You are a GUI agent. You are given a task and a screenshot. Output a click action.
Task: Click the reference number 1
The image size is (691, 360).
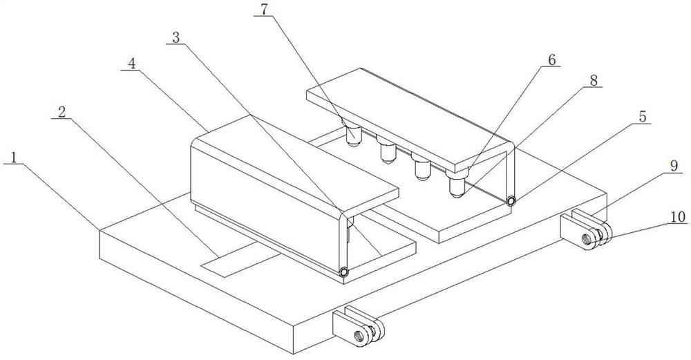coord(14,158)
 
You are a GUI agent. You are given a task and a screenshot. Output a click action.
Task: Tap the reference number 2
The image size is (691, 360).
coord(61,112)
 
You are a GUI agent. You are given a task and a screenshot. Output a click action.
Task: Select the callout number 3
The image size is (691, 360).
coord(176,38)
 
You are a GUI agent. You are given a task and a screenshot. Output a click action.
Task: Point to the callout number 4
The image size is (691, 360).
coord(131,64)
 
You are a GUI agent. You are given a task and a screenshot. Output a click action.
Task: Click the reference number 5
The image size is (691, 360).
coord(643,117)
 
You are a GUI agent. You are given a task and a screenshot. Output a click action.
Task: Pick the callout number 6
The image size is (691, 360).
coord(552,59)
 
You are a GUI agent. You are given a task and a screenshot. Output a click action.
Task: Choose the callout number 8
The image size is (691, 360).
coord(594,81)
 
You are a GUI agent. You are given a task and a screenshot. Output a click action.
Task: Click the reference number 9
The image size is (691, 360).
coord(673,165)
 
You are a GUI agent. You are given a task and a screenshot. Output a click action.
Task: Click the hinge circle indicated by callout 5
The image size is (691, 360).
coord(511,201)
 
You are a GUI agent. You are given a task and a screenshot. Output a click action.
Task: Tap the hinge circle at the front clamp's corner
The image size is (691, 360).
coord(343,272)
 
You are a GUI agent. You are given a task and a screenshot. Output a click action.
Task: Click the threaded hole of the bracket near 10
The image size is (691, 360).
coord(586,239)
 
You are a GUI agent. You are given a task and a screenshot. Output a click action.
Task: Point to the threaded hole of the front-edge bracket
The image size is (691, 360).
coord(359,337)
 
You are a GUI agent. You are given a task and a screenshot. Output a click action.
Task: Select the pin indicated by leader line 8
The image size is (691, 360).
coord(457,186)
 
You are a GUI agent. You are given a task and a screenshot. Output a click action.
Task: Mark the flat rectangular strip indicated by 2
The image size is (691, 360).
coord(240,260)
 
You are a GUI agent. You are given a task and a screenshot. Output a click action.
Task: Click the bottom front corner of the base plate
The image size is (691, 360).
coord(293,354)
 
